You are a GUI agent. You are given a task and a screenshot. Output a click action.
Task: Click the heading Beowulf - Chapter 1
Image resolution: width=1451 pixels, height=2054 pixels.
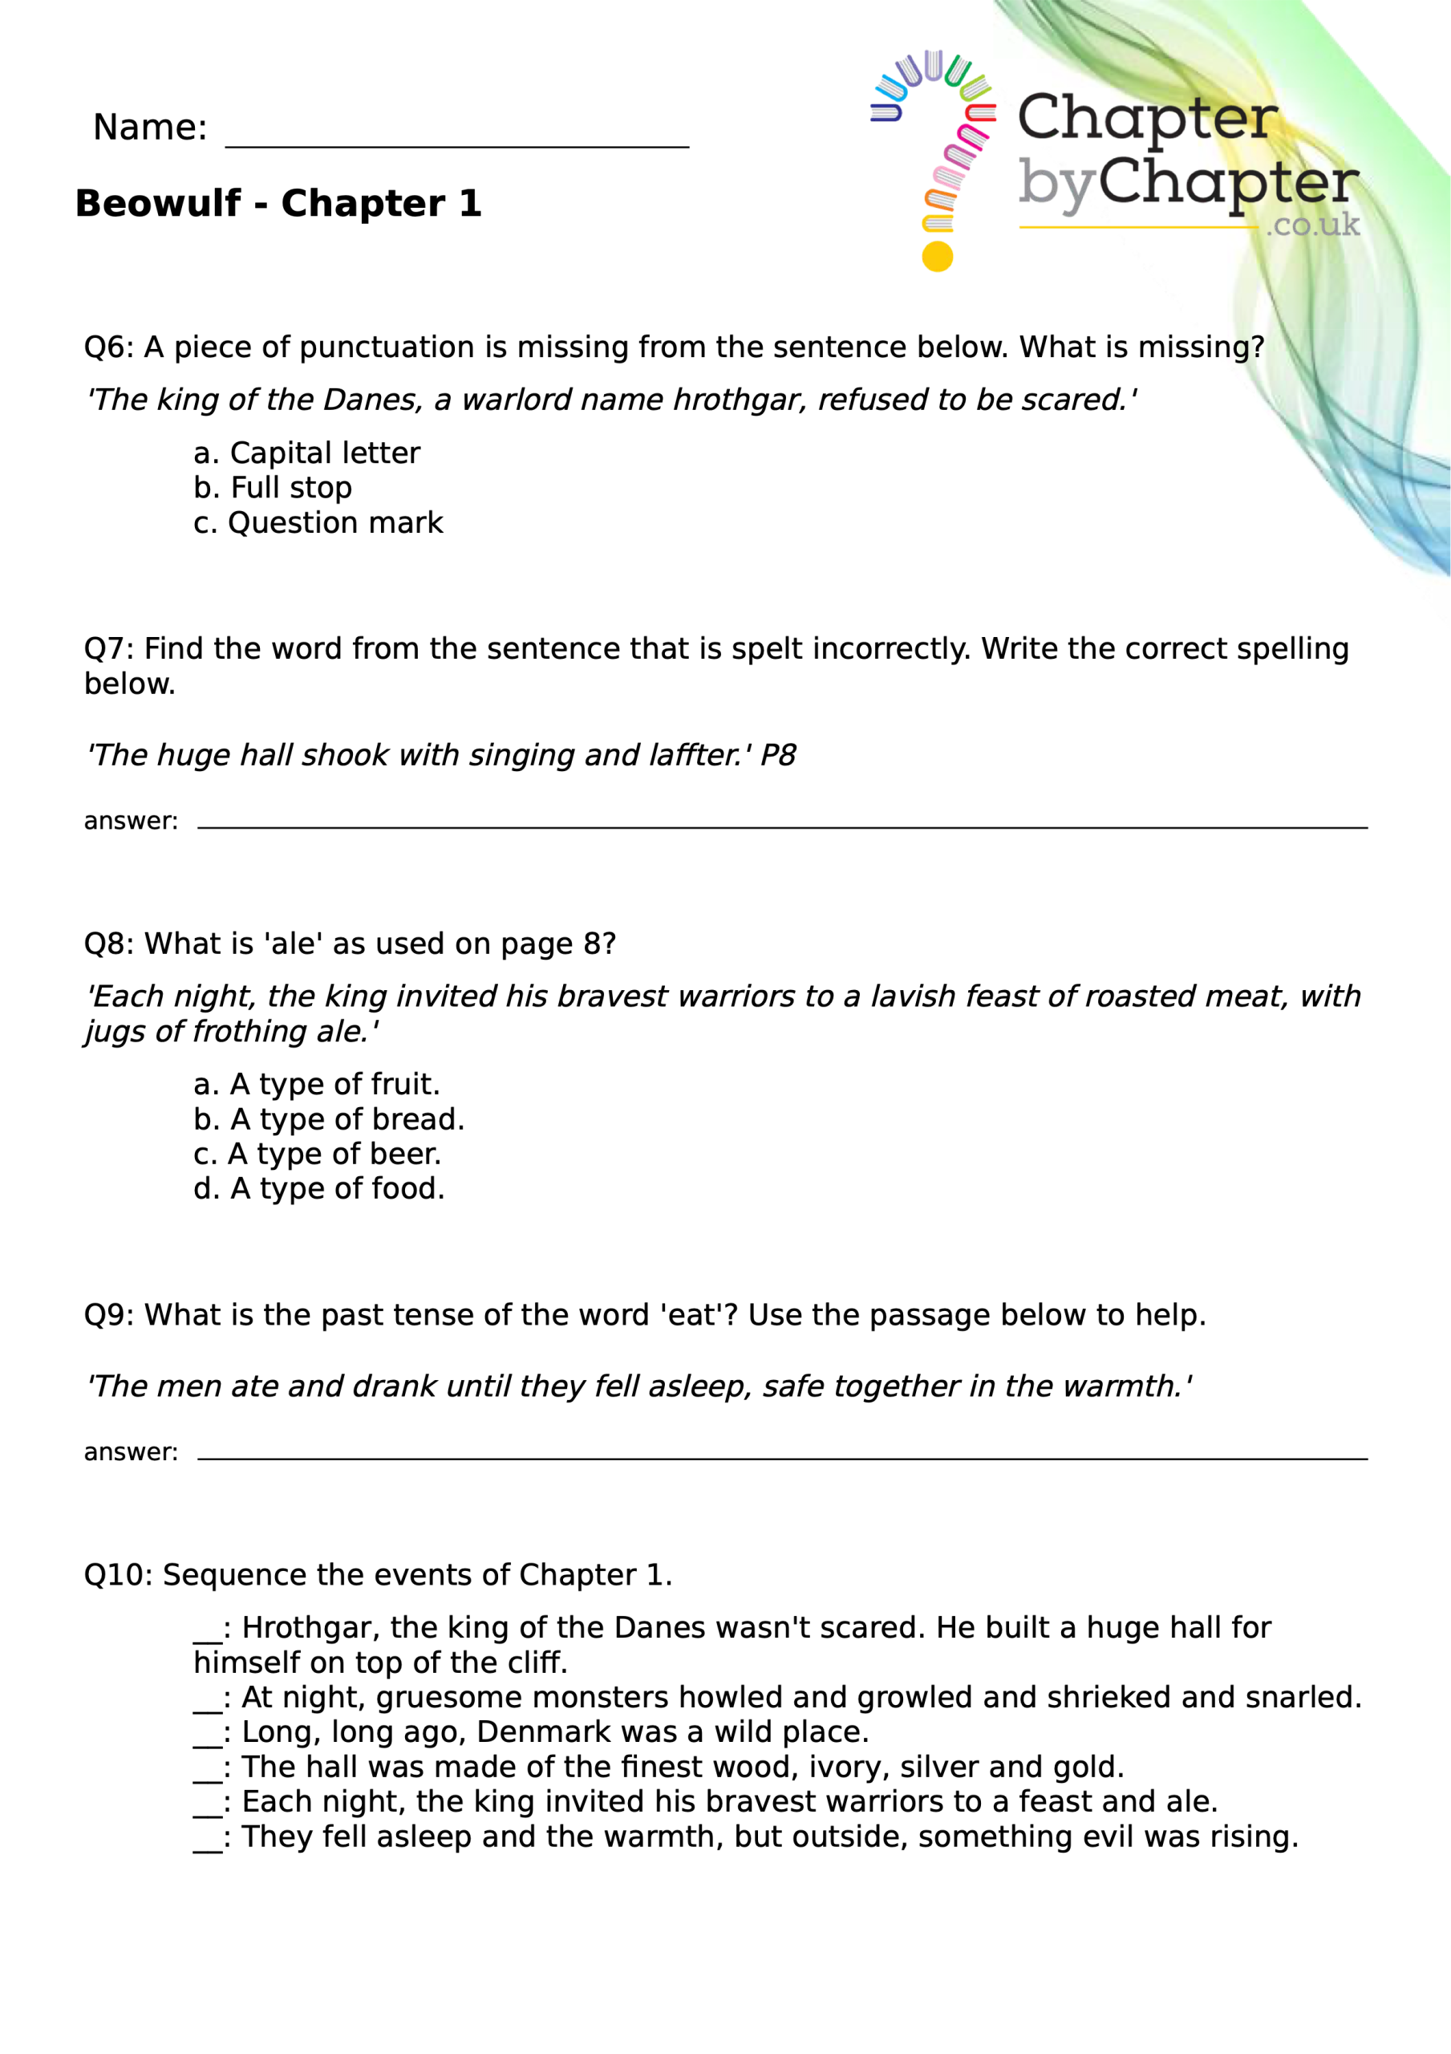(278, 204)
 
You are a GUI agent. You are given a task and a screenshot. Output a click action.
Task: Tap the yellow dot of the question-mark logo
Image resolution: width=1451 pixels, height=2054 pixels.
(937, 257)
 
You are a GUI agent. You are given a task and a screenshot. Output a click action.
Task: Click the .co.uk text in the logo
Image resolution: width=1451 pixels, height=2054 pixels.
(1312, 225)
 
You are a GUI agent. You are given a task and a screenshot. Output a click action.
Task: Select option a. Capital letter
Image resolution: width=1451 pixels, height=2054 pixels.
(307, 453)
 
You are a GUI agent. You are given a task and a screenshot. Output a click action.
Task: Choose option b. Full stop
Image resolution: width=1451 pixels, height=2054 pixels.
(273, 489)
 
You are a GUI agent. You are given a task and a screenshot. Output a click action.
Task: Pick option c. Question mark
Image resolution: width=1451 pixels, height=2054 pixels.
(318, 523)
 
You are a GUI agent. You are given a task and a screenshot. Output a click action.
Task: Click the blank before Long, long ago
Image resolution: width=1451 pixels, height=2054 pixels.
(208, 1735)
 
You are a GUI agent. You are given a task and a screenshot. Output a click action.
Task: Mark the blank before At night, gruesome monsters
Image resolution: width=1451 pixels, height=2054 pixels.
(208, 1699)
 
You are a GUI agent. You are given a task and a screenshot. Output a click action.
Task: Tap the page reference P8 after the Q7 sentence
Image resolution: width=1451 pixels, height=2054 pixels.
(777, 756)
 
